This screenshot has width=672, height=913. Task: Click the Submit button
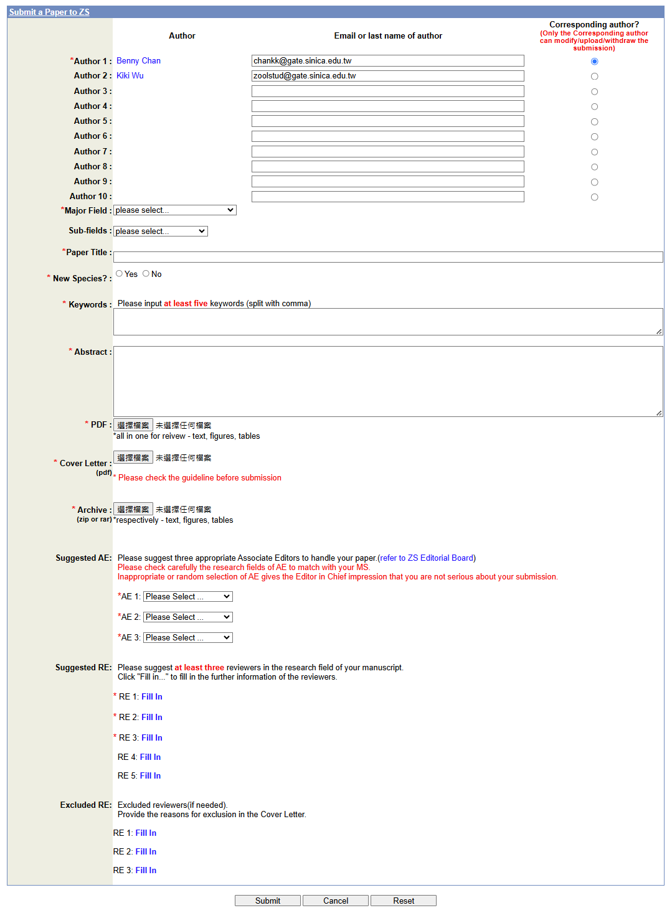267,901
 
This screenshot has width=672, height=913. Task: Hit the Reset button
403,901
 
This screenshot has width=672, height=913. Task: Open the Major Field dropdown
174,210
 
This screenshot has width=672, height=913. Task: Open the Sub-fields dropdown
160,231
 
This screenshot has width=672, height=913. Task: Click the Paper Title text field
387,257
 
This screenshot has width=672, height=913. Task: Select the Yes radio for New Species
120,274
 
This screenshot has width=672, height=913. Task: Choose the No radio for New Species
146,274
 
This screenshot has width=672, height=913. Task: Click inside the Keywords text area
387,322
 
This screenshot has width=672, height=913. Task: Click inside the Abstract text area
387,381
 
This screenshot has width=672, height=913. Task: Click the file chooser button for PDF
133,425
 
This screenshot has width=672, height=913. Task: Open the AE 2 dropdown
187,617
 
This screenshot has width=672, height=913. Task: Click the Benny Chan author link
138,61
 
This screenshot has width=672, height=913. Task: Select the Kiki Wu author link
130,76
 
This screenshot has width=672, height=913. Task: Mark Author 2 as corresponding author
594,77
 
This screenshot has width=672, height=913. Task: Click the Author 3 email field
387,91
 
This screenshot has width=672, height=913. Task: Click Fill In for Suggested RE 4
150,757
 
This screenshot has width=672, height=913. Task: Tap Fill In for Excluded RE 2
146,852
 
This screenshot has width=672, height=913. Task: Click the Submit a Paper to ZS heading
49,12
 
